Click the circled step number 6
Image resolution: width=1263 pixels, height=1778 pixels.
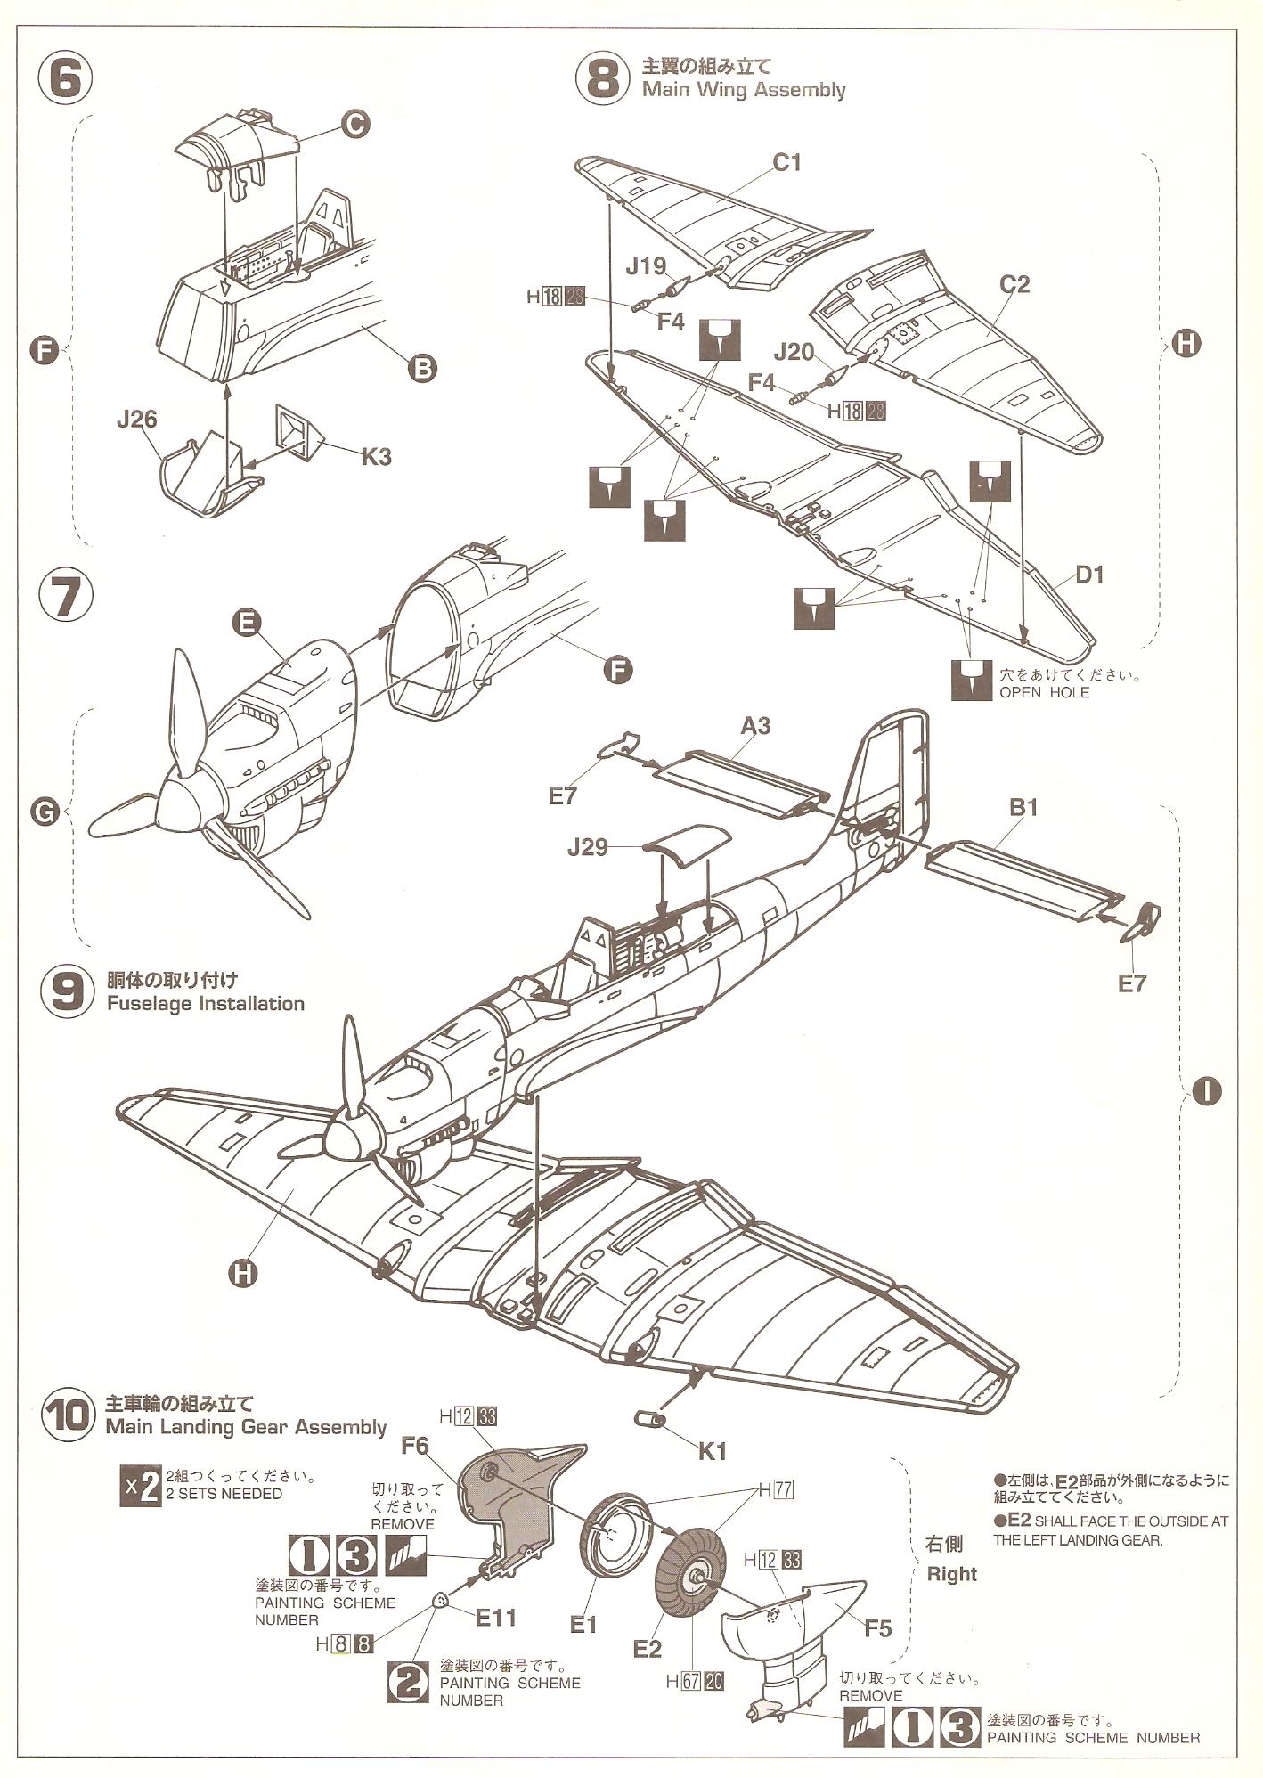pyautogui.click(x=66, y=79)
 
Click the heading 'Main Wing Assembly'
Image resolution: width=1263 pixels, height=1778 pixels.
pyautogui.click(x=743, y=90)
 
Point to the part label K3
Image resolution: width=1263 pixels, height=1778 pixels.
pyautogui.click(x=376, y=457)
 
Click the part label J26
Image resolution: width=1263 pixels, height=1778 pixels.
pyautogui.click(x=136, y=418)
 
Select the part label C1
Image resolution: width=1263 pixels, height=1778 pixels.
pyautogui.click(x=786, y=162)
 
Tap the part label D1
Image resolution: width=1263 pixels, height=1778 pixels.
pyautogui.click(x=1089, y=575)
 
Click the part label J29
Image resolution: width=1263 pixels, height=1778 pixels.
pyautogui.click(x=587, y=847)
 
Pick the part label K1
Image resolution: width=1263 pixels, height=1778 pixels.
pyautogui.click(x=712, y=1451)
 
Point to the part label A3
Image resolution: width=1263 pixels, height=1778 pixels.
pyautogui.click(x=755, y=726)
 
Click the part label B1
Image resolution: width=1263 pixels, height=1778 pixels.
pyautogui.click(x=1023, y=807)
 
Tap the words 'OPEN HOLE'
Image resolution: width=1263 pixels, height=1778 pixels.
pyautogui.click(x=1044, y=692)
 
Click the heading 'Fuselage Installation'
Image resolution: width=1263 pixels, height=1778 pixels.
pyautogui.click(x=205, y=1004)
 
